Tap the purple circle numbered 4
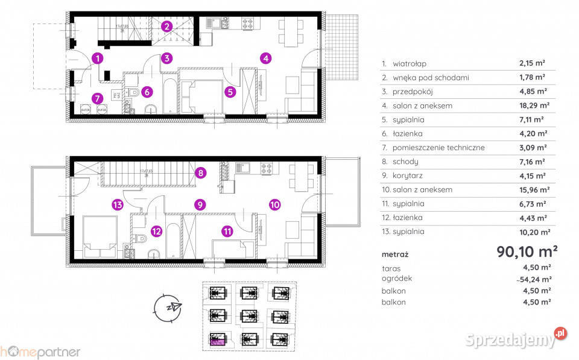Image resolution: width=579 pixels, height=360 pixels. coord(266,58)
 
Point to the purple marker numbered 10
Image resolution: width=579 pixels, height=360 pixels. coord(274,205)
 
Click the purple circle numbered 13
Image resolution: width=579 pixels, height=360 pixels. coord(118,205)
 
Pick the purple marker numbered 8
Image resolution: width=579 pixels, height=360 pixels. coord(200,174)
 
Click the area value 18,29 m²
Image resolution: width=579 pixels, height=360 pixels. coord(533,106)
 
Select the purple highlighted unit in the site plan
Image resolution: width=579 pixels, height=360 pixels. coord(217,341)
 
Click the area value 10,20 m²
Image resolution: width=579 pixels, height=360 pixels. coord(533,232)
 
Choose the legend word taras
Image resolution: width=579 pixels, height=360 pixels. coord(391,268)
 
